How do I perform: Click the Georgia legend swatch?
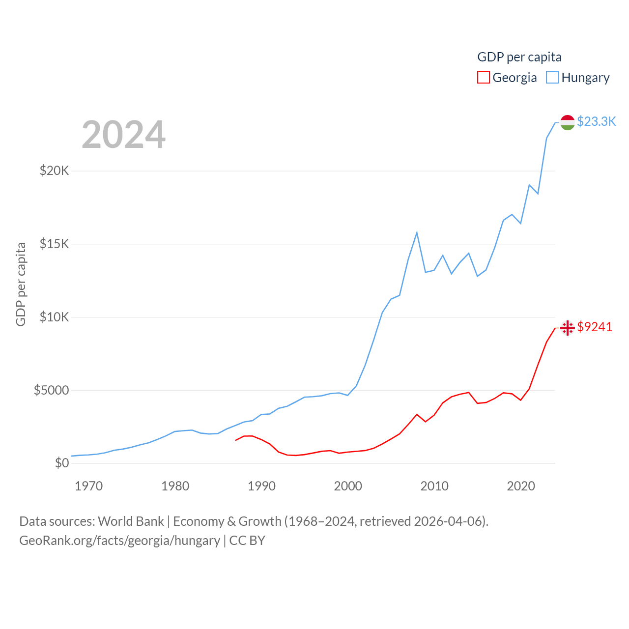pyautogui.click(x=484, y=78)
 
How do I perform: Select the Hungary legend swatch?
pyautogui.click(x=552, y=78)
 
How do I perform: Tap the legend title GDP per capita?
pyautogui.click(x=519, y=57)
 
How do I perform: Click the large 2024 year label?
pyautogui.click(x=123, y=134)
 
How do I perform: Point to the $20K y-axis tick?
pyautogui.click(x=54, y=171)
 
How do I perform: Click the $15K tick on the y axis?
pyautogui.click(x=54, y=244)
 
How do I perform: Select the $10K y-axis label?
pyautogui.click(x=54, y=317)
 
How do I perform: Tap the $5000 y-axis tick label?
pyautogui.click(x=51, y=390)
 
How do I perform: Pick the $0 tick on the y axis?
pyautogui.click(x=61, y=463)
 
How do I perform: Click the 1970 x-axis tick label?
pyautogui.click(x=89, y=486)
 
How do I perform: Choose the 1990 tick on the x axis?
pyautogui.click(x=261, y=486)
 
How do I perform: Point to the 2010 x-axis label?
pyautogui.click(x=434, y=486)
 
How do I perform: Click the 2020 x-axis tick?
pyautogui.click(x=521, y=486)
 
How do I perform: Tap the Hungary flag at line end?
pyautogui.click(x=568, y=122)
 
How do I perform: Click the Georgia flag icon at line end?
pyautogui.click(x=568, y=328)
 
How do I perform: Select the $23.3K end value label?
pyautogui.click(x=596, y=121)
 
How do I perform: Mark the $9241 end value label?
pyautogui.click(x=595, y=327)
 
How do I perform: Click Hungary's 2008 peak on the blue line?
pyautogui.click(x=417, y=232)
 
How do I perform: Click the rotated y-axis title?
pyautogui.click(x=21, y=284)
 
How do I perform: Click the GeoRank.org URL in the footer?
pyautogui.click(x=119, y=541)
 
